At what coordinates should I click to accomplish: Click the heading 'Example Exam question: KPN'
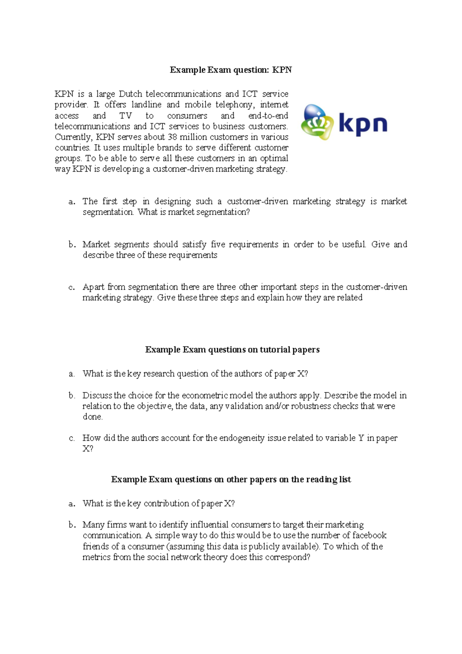(231, 70)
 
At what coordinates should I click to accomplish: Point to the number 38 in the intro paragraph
(172, 137)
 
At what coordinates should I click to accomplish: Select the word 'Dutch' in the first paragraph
(130, 94)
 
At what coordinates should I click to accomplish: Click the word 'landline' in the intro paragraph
(146, 105)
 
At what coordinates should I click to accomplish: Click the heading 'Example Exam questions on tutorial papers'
(232, 350)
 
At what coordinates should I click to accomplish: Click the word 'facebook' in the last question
(369, 535)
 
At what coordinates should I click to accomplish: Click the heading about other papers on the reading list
(231, 480)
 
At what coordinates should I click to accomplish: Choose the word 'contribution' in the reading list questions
(166, 503)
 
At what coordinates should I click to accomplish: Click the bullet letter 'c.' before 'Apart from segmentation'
(72, 287)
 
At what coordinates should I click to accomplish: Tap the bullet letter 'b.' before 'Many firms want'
(72, 525)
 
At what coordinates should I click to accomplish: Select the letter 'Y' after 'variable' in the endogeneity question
(361, 438)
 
